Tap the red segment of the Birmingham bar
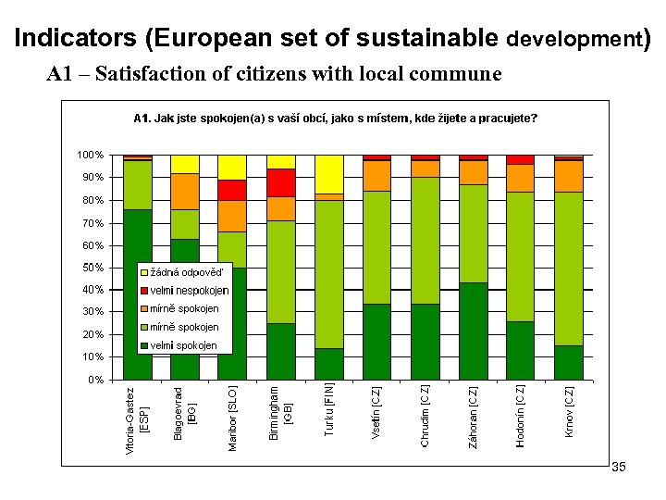click(x=281, y=183)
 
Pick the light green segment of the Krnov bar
click(x=569, y=269)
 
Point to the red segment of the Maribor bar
click(x=233, y=190)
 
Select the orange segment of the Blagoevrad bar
click(x=185, y=192)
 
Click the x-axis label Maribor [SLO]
click(x=233, y=418)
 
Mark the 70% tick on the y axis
click(x=92, y=223)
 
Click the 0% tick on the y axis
click(x=95, y=380)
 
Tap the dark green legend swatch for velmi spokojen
click(x=143, y=346)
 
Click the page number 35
click(x=619, y=468)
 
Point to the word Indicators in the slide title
click(x=75, y=39)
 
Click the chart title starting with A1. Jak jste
click(x=335, y=119)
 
